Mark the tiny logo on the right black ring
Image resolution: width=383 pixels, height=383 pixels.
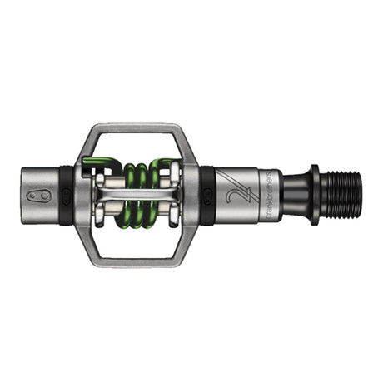[206, 196]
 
